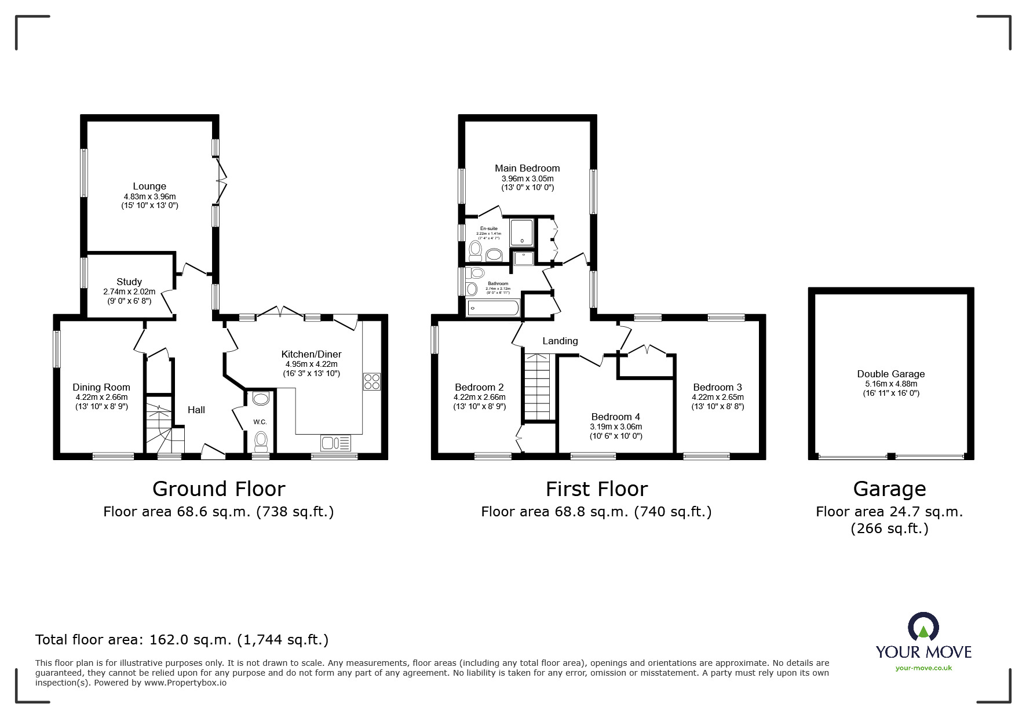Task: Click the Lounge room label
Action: coord(149,187)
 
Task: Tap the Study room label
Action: coord(129,282)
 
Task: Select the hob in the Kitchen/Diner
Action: coord(372,381)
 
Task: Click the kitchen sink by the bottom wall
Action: coord(335,443)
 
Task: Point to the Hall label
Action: coord(196,410)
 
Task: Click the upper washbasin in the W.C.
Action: coord(261,399)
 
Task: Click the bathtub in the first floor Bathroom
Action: coord(493,308)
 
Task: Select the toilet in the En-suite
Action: coord(476,251)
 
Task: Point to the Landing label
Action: coord(560,341)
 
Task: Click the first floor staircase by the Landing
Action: coord(537,385)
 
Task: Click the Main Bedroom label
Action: coord(527,169)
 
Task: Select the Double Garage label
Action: coord(891,374)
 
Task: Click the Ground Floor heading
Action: coord(218,489)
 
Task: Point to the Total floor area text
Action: coord(182,640)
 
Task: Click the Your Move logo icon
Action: coord(923,627)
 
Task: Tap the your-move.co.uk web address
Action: coord(923,668)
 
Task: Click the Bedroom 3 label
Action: coord(717,388)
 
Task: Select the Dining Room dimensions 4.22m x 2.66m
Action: coord(101,398)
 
